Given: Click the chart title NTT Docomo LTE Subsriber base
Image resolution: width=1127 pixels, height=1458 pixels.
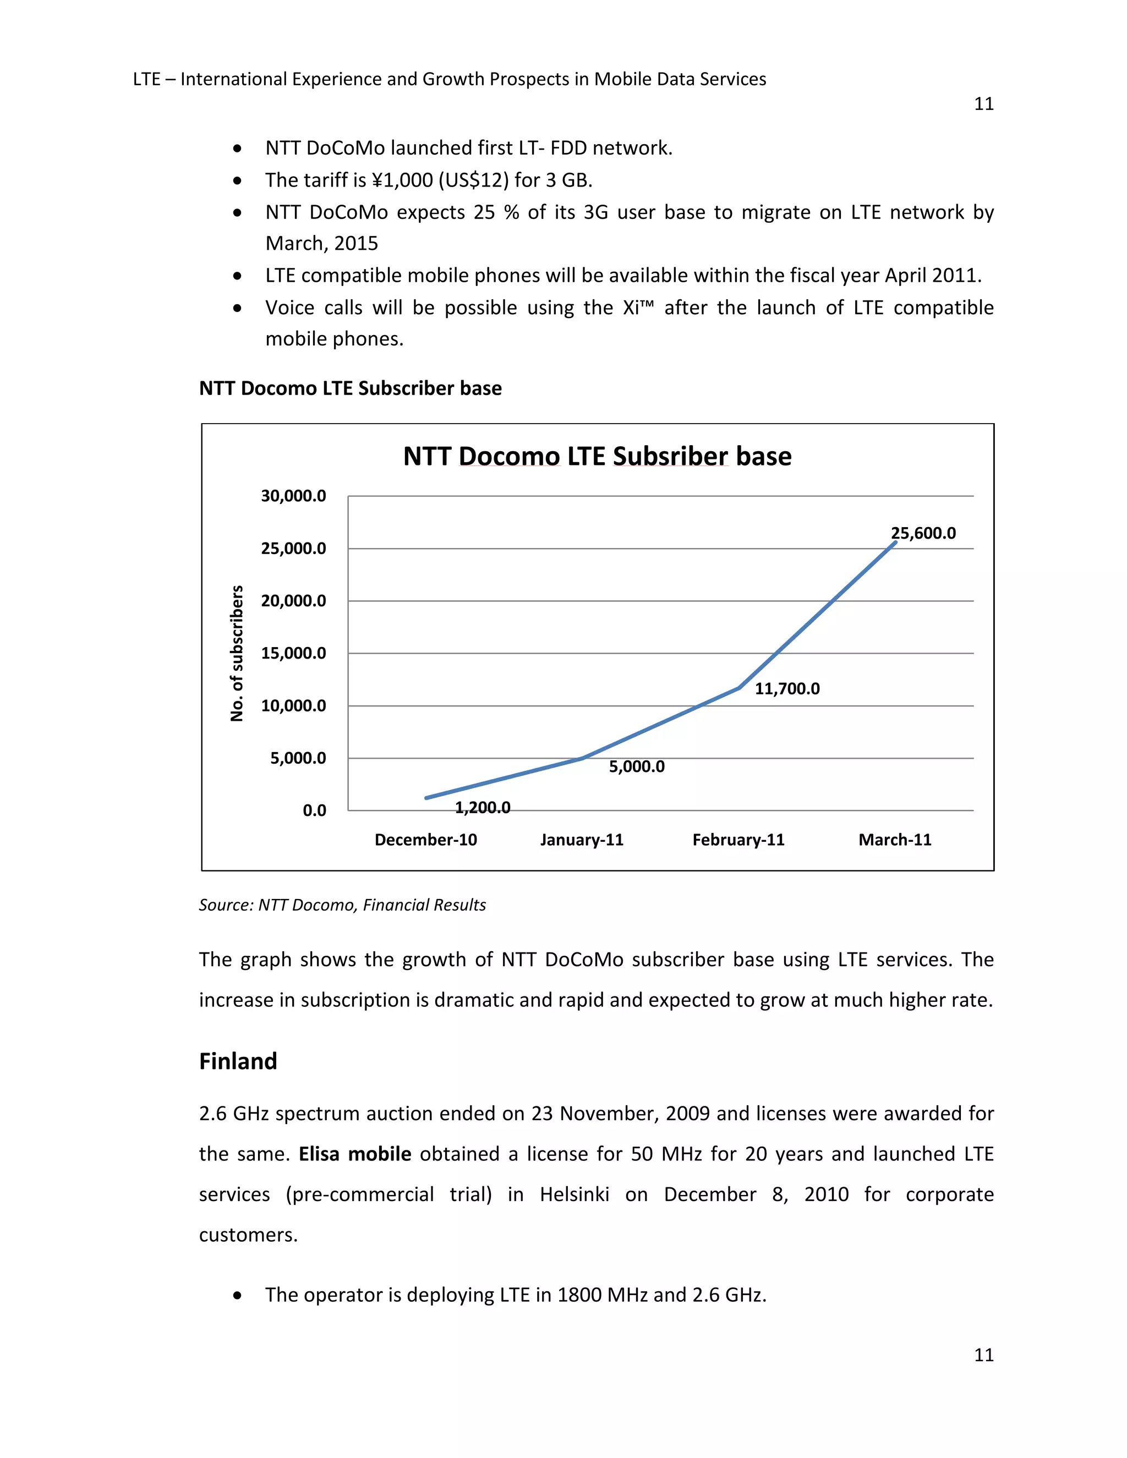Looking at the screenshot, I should point(597,457).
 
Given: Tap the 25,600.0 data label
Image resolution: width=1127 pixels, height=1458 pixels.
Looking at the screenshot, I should point(923,533).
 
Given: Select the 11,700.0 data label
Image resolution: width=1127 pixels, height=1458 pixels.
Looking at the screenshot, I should point(786,689).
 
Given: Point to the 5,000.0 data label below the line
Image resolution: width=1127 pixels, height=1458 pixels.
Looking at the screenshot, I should point(636,766).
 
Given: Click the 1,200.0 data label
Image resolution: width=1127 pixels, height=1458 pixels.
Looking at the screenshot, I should point(482,808).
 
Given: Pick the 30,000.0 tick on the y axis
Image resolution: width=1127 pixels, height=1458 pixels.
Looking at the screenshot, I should point(293,496).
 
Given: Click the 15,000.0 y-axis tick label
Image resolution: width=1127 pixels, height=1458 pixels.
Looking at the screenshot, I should point(293,653).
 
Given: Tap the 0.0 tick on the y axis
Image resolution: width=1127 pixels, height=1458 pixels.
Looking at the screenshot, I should point(314,810).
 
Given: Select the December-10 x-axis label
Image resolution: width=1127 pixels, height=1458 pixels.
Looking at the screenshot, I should point(425,840).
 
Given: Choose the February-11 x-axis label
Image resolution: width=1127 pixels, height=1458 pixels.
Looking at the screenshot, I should point(738,840).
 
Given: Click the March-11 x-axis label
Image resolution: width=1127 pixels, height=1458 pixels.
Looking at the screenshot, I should point(894,840).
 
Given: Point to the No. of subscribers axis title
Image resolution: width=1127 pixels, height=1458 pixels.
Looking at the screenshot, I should point(236,653).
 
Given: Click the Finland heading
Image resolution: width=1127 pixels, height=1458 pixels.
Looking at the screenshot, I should point(238,1061).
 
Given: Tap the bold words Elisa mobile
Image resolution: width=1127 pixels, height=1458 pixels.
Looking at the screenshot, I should point(354,1154).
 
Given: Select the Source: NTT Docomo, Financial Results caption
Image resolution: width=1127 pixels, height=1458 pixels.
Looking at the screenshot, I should point(342,905).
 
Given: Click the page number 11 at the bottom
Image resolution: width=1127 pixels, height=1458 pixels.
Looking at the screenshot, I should point(983,1354).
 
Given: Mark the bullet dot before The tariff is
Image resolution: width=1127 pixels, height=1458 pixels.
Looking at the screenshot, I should point(237,180).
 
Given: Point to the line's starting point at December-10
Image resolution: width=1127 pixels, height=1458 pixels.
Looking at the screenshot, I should point(426,798).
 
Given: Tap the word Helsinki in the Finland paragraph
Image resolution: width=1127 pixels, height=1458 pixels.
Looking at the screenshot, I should point(574,1194).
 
